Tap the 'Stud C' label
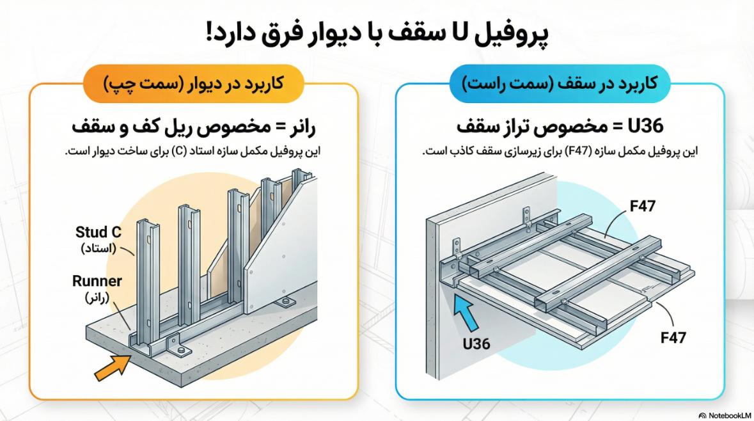(98, 232)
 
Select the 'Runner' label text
(97, 281)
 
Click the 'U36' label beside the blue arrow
(476, 344)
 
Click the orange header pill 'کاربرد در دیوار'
(192, 83)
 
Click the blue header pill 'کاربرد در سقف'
(560, 83)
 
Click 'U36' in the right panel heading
(648, 126)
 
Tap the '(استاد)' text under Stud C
(98, 248)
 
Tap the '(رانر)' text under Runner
(97, 297)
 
